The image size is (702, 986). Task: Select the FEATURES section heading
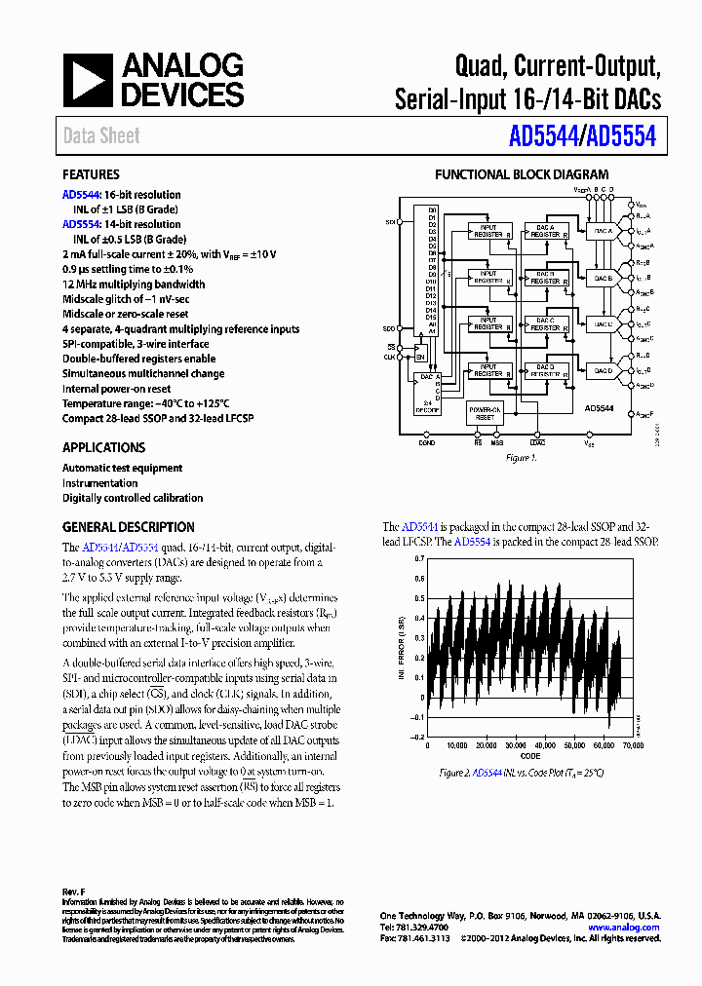[91, 175]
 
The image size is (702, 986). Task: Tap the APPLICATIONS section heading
[103, 447]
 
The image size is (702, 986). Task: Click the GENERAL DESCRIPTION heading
[128, 527]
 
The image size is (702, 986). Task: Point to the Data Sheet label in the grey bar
[101, 136]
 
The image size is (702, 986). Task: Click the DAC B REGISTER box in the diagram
[544, 278]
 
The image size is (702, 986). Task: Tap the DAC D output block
[603, 370]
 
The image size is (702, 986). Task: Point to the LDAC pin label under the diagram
[537, 443]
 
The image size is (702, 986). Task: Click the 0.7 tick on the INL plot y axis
[419, 559]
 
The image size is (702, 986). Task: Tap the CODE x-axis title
[529, 756]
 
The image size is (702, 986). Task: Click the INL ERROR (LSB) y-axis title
[398, 648]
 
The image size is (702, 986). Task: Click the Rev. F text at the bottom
[75, 891]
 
